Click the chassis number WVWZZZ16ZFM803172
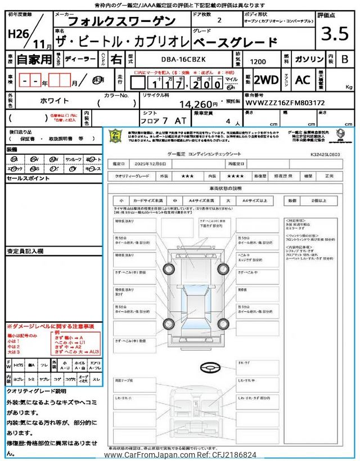click(285, 103)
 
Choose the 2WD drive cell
click(266, 80)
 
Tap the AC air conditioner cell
click(303, 80)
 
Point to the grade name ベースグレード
click(235, 42)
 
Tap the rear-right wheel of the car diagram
click(223, 324)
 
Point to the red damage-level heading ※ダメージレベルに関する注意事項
click(50, 326)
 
